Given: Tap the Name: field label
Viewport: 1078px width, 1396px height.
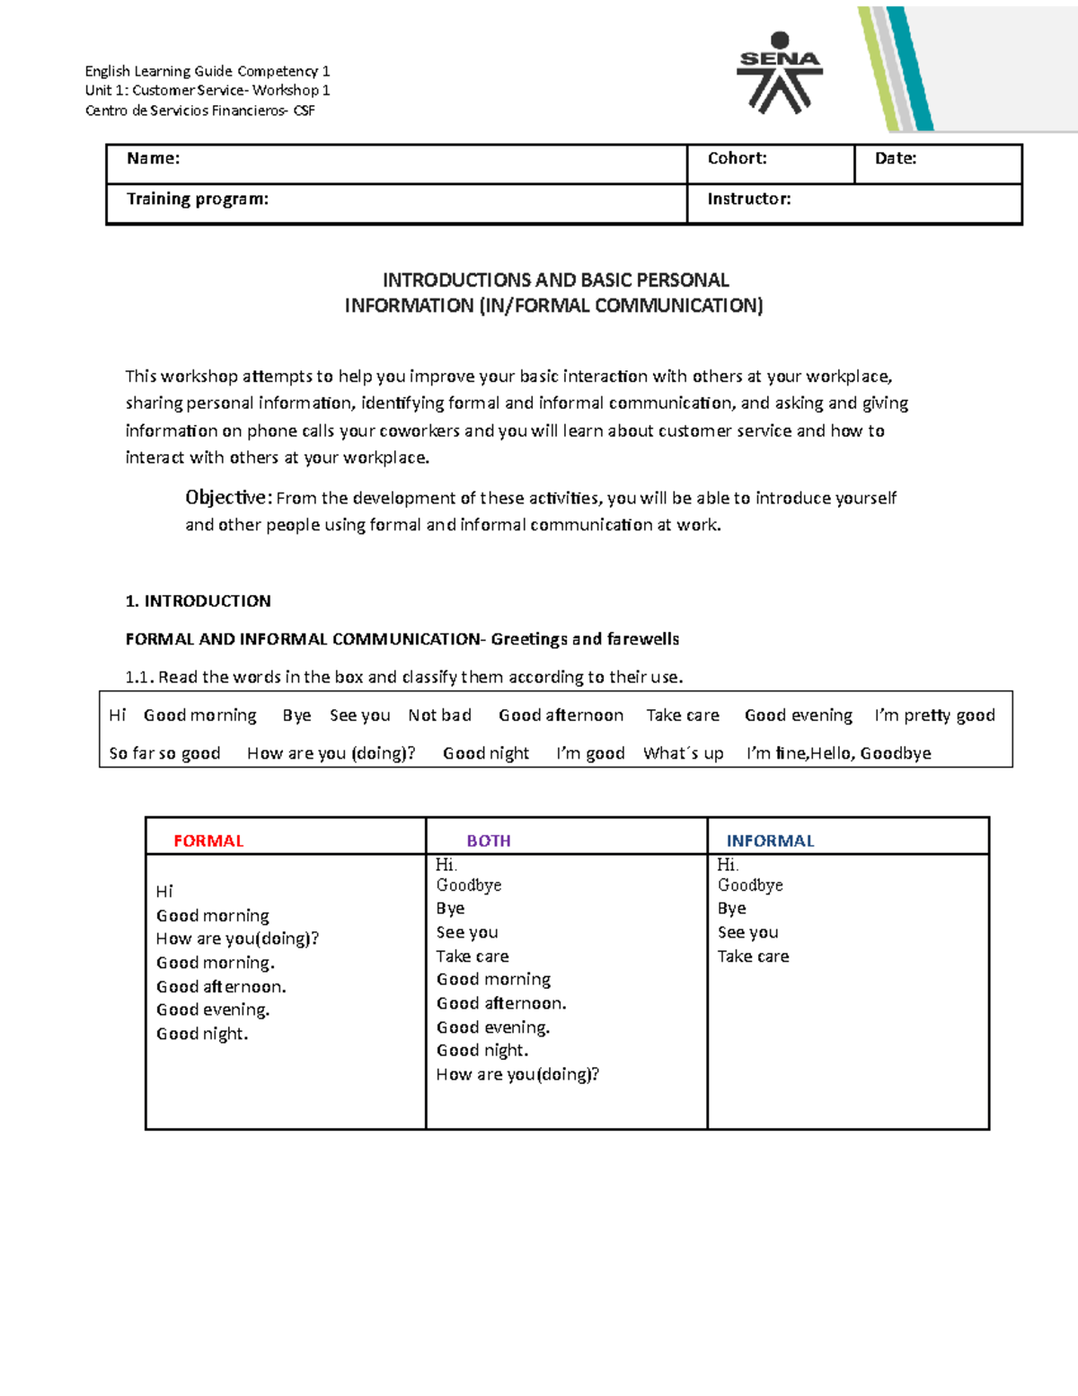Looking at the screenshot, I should point(153,159).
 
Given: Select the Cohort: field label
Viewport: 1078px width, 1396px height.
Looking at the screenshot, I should point(737,159).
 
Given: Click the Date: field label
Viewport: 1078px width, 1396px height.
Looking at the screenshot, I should point(896,159).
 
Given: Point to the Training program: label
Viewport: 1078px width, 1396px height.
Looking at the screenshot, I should point(197,200).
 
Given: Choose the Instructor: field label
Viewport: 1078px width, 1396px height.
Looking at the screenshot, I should point(748,200).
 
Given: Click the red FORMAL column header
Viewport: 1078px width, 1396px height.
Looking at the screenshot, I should point(208,841).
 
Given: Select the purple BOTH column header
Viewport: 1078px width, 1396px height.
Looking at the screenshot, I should point(489,841).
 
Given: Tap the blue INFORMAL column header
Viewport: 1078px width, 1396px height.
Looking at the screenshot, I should point(770,841).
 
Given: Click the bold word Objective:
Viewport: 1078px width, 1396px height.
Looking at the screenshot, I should point(228,498).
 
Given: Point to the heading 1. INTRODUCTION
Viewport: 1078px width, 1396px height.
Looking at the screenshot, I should point(198,601).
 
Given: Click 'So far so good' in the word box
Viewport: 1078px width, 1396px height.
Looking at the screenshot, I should point(164,753).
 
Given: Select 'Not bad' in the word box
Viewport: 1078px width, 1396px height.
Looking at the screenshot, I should point(439,716).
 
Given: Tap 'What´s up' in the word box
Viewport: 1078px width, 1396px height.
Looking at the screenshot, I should point(683,753).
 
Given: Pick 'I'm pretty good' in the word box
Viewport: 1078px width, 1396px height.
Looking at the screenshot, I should point(934,716).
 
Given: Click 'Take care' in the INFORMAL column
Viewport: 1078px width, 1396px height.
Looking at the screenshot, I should point(753,956).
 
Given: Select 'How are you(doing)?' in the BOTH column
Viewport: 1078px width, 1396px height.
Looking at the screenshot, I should point(517,1074).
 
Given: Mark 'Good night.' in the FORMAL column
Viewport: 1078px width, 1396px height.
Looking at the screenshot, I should point(202,1034).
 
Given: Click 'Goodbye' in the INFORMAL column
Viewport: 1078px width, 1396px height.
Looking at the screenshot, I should point(750,885).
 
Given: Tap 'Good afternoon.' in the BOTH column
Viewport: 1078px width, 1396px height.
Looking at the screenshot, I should point(501,1003).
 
